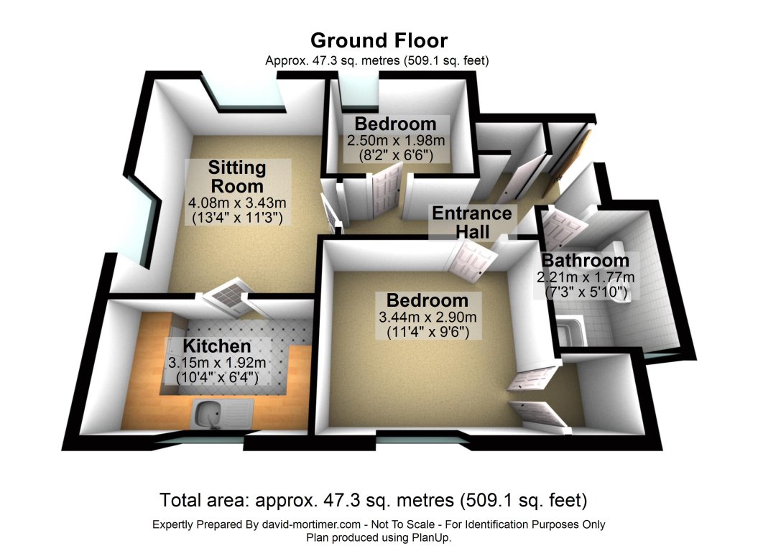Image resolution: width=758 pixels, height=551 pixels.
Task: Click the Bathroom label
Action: pyautogui.click(x=585, y=261)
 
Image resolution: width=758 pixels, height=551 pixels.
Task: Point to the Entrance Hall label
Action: pyautogui.click(x=471, y=222)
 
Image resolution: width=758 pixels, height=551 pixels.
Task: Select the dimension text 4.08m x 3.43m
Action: pyautogui.click(x=238, y=202)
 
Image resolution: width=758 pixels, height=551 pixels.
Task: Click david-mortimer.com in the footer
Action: pyautogui.click(x=310, y=525)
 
